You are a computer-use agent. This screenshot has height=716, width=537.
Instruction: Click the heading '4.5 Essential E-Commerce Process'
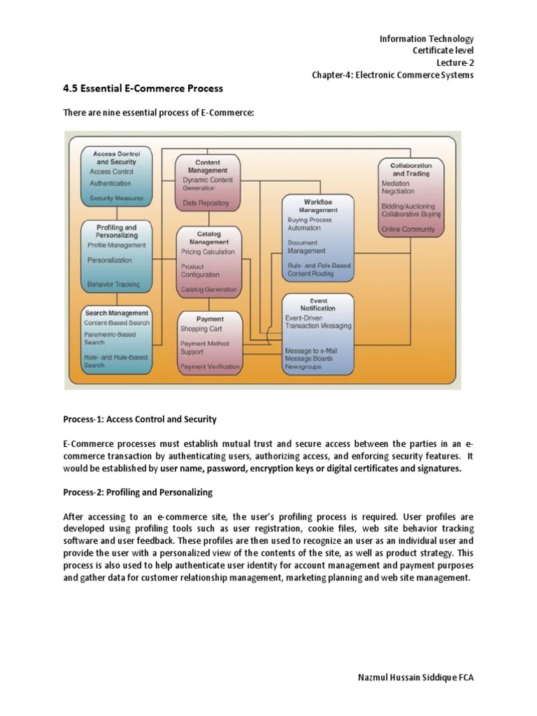143,88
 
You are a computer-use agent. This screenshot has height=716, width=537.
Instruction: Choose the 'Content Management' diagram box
208,183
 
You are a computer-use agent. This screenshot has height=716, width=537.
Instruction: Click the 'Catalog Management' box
208,261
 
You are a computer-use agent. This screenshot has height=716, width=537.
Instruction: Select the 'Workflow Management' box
317,238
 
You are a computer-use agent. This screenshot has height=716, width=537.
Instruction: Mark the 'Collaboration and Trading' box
411,197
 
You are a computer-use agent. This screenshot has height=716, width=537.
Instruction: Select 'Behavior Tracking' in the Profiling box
113,285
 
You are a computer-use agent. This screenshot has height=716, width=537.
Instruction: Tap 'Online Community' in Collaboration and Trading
408,229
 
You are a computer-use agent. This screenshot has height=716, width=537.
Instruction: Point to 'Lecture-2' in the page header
455,63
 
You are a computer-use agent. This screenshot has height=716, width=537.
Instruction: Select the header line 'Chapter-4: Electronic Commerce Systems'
393,76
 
